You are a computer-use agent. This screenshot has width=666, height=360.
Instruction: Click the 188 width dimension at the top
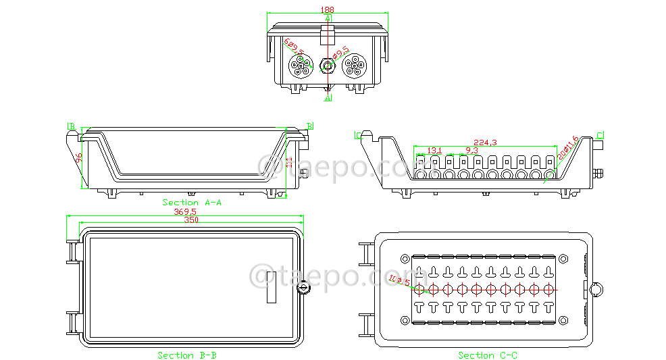pos(328,9)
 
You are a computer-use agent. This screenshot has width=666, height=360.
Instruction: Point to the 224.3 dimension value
pos(485,143)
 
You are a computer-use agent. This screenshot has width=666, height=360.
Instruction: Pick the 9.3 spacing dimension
pos(471,150)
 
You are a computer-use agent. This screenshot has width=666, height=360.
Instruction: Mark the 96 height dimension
pos(79,159)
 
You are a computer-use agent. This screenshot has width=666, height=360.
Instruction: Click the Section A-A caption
pos(192,202)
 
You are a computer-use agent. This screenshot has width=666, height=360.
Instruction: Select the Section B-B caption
pos(187,355)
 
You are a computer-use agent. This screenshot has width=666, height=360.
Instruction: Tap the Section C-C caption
pos(488,355)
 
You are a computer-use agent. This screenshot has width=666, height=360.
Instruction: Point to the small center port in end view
pos(328,66)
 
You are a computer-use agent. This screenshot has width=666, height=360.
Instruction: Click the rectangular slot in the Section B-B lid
pos(271,288)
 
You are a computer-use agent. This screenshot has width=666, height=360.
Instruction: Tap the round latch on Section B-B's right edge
pos(304,289)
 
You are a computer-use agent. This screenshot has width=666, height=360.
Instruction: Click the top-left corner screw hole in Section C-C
pos(405,259)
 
